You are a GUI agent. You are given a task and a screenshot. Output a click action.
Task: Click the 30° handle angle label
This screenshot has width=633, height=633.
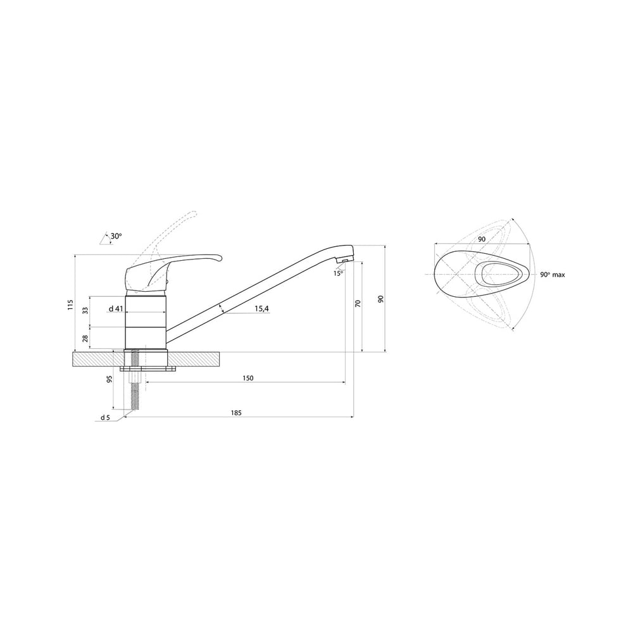pyautogui.click(x=115, y=237)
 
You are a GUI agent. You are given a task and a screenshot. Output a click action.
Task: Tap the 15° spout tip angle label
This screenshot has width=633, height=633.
pyautogui.click(x=338, y=273)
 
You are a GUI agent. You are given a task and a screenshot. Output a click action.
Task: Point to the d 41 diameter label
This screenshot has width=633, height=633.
pyautogui.click(x=115, y=309)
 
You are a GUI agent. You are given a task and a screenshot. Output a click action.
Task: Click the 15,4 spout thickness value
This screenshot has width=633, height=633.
pyautogui.click(x=261, y=309)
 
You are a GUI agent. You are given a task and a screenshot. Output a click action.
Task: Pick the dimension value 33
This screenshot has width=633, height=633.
pyautogui.click(x=85, y=310)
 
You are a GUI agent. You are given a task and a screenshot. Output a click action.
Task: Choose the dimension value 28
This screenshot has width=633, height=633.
pyautogui.click(x=85, y=338)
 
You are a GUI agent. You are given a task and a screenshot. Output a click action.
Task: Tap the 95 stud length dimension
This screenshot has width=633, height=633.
pyautogui.click(x=109, y=379)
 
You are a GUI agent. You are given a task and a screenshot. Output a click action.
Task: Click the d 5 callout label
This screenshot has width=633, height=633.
pyautogui.click(x=105, y=417)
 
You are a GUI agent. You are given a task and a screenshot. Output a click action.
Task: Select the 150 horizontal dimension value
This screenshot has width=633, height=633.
pyautogui.click(x=248, y=379)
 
